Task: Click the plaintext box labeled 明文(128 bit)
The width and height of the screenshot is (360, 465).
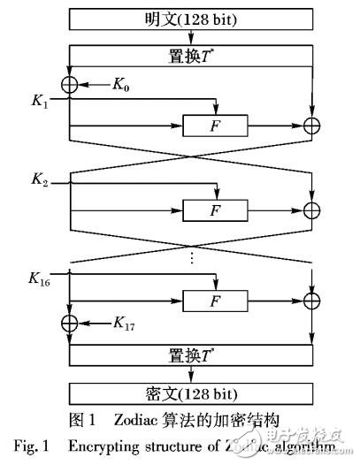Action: pos(190,18)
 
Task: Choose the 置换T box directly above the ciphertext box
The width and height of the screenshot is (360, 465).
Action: pos(190,356)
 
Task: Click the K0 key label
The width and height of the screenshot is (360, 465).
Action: pos(124,84)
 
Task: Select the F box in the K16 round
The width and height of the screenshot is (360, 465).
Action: pos(213,301)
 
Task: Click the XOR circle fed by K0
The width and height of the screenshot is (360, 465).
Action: pos(68,85)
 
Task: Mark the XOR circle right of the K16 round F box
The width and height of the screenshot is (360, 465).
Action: pos(311,301)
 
